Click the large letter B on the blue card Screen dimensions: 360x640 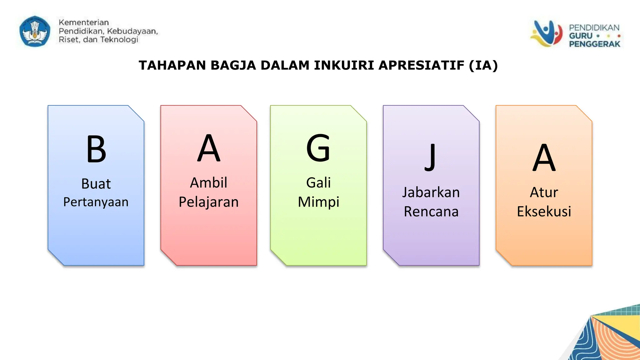[x=96, y=149]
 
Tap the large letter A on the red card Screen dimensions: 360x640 [x=209, y=148]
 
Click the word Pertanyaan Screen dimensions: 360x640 [x=96, y=202]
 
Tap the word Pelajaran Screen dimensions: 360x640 [x=209, y=202]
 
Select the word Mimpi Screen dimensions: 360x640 [x=318, y=202]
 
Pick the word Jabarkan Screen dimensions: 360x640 [x=431, y=192]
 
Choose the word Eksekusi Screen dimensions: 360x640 [x=544, y=212]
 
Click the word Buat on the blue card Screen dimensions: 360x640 [x=96, y=184]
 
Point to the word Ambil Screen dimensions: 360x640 [x=209, y=183]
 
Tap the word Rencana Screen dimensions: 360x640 [x=431, y=212]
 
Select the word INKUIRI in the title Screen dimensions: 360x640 [x=344, y=65]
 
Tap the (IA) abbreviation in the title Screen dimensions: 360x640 [x=483, y=65]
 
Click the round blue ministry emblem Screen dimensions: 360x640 [x=35, y=31]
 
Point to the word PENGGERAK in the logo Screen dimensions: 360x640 [x=594, y=44]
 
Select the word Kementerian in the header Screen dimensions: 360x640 [x=84, y=22]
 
